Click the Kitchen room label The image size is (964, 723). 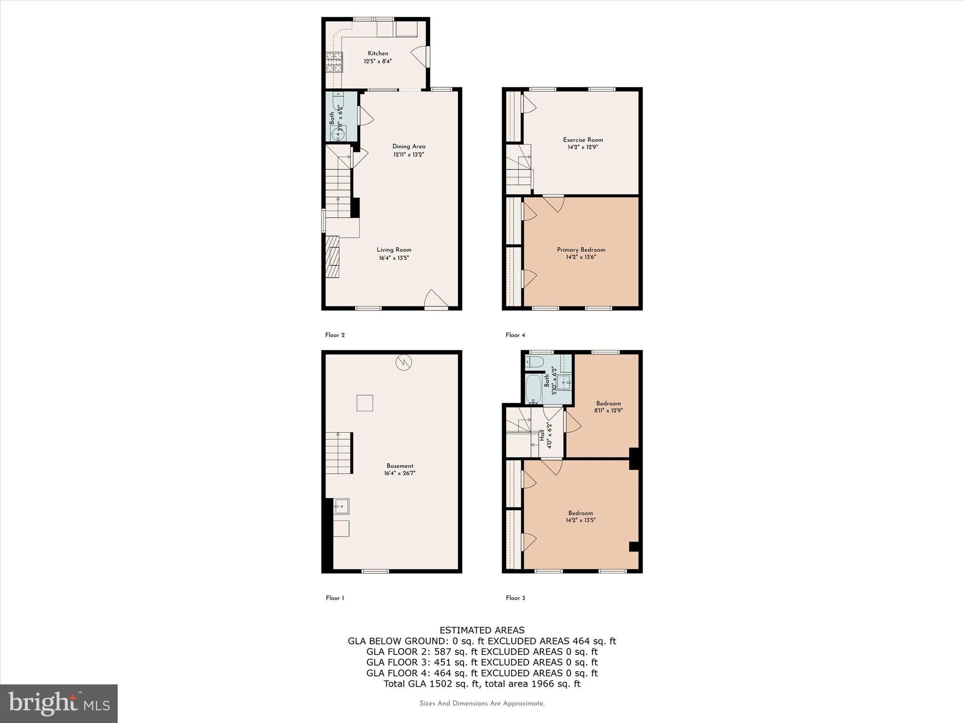point(378,54)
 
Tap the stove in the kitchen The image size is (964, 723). point(334,62)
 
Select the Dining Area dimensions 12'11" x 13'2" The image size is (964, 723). point(409,154)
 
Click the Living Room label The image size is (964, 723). point(394,250)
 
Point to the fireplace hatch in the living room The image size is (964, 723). point(333,257)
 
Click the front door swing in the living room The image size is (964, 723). point(436,299)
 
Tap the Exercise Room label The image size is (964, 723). point(583,140)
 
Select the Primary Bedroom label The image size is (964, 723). point(581,250)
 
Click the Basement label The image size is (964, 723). point(400,466)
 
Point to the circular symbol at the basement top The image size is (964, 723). point(404,362)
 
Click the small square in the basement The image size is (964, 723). point(364,403)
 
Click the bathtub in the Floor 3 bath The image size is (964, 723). point(534,389)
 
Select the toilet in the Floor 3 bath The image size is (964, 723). point(535,361)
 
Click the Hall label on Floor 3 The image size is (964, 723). point(542,435)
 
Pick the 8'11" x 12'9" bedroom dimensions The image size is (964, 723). point(608,410)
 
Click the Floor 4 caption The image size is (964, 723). point(515,335)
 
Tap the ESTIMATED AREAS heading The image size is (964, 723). point(482,630)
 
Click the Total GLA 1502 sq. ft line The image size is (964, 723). point(482,684)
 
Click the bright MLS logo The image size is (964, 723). point(59,703)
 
